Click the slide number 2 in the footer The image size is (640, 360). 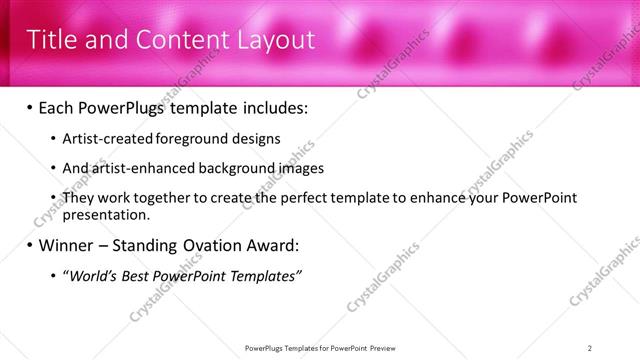[x=590, y=348]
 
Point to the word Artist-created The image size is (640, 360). [x=102, y=139]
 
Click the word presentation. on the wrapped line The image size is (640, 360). [x=106, y=214]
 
